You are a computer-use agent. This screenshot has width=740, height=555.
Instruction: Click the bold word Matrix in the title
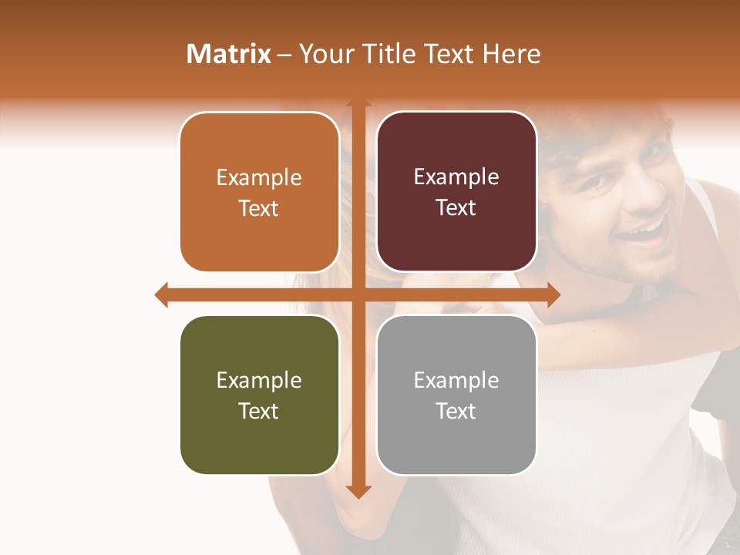(229, 54)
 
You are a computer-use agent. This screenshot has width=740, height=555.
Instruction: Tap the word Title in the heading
(387, 54)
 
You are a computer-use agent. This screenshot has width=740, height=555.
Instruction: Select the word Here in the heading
(511, 54)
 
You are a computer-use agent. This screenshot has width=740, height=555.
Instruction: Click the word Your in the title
(327, 54)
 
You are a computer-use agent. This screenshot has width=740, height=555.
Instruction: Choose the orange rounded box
(259, 192)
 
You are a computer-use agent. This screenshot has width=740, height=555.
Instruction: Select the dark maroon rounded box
(456, 192)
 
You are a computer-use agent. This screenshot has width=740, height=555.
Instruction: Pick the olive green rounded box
(259, 395)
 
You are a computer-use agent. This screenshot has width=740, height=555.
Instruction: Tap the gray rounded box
(456, 395)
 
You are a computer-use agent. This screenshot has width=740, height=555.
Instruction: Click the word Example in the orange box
(259, 177)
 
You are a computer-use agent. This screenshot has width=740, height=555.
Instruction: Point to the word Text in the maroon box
(456, 208)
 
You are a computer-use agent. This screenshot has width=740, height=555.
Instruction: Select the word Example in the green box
(259, 380)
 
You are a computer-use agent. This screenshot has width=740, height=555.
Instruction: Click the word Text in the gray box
(456, 411)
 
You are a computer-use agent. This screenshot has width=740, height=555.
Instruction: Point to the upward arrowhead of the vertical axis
(358, 103)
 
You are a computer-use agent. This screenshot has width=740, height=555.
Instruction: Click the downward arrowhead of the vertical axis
(358, 492)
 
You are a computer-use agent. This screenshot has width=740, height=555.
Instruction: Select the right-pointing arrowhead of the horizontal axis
(553, 294)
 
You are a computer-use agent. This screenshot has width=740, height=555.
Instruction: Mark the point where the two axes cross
(358, 294)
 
